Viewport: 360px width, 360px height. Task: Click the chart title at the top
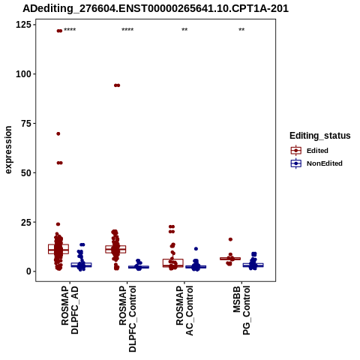(155, 8)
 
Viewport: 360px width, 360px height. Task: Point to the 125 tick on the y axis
(23, 25)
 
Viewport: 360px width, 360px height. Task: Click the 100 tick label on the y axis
(23, 74)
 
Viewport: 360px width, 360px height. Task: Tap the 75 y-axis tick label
(26, 124)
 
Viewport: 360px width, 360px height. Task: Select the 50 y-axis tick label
(26, 172)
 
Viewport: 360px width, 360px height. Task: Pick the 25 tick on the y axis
(26, 222)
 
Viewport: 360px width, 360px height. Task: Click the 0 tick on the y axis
(29, 271)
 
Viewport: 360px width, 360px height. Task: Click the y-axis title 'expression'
(8, 150)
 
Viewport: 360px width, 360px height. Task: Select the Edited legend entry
(317, 151)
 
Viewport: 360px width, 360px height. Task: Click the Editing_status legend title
(320, 136)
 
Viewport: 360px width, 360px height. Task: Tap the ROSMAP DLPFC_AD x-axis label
(70, 310)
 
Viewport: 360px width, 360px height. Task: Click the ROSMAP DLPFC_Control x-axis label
(127, 319)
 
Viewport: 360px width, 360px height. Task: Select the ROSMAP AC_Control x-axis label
(184, 310)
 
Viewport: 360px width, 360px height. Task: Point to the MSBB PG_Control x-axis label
(241, 310)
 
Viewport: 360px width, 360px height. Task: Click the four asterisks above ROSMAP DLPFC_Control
(127, 30)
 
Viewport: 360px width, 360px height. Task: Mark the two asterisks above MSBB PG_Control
(241, 30)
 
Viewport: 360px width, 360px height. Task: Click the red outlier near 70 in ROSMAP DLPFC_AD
(58, 133)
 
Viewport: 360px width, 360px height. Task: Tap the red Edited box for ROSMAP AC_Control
(173, 263)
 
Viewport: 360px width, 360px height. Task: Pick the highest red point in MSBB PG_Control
(230, 239)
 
